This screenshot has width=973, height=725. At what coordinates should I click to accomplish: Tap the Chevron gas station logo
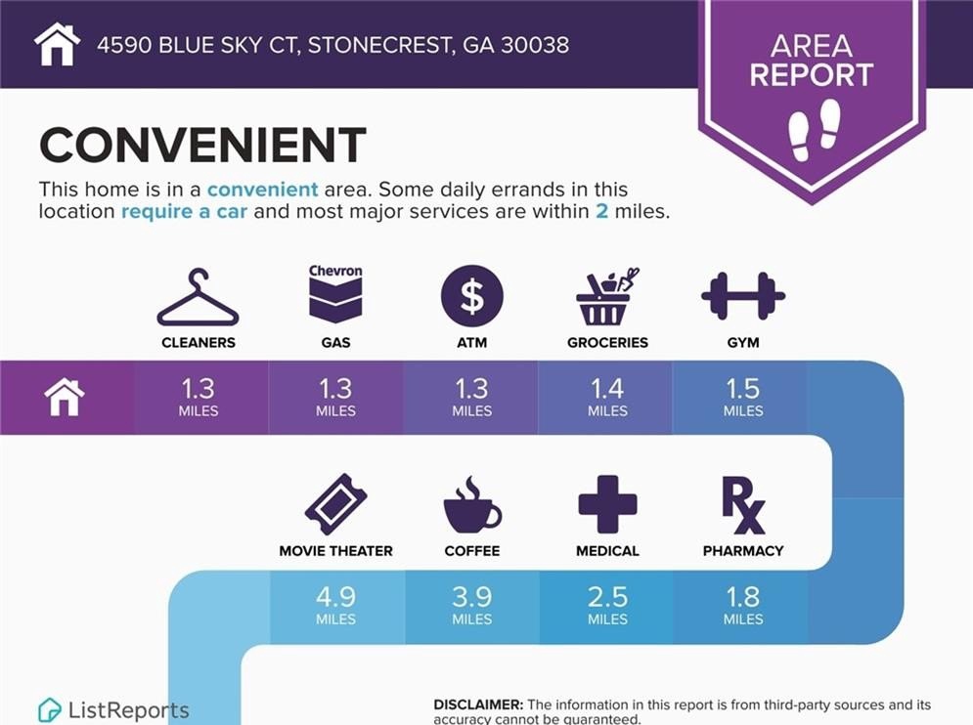click(x=335, y=294)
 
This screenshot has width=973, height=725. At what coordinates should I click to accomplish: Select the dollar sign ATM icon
click(x=472, y=296)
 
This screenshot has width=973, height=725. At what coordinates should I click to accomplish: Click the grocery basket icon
click(x=607, y=297)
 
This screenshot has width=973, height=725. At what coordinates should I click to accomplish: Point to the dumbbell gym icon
click(x=743, y=296)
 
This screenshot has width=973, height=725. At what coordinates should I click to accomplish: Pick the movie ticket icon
click(x=335, y=504)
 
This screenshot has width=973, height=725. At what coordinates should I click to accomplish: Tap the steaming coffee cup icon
click(x=472, y=505)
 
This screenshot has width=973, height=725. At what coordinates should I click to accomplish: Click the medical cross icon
click(x=607, y=504)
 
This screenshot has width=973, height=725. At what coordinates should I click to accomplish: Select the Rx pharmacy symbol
click(x=743, y=505)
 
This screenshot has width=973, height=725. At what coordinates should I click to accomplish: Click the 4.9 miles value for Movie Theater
click(x=335, y=597)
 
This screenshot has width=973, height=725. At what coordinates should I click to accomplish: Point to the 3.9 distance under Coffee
click(x=472, y=597)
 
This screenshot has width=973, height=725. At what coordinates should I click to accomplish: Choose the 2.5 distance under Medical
click(x=607, y=597)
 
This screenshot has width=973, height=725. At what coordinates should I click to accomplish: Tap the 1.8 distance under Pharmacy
click(x=743, y=597)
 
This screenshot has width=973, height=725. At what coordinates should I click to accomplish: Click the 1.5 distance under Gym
click(x=743, y=389)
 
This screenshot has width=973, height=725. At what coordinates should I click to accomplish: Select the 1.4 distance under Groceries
click(x=607, y=389)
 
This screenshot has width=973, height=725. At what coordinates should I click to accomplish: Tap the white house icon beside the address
click(x=57, y=44)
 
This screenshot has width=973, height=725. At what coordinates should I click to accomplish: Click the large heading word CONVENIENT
click(x=203, y=145)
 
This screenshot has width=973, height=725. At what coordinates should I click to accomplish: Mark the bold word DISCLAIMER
click(x=478, y=704)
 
